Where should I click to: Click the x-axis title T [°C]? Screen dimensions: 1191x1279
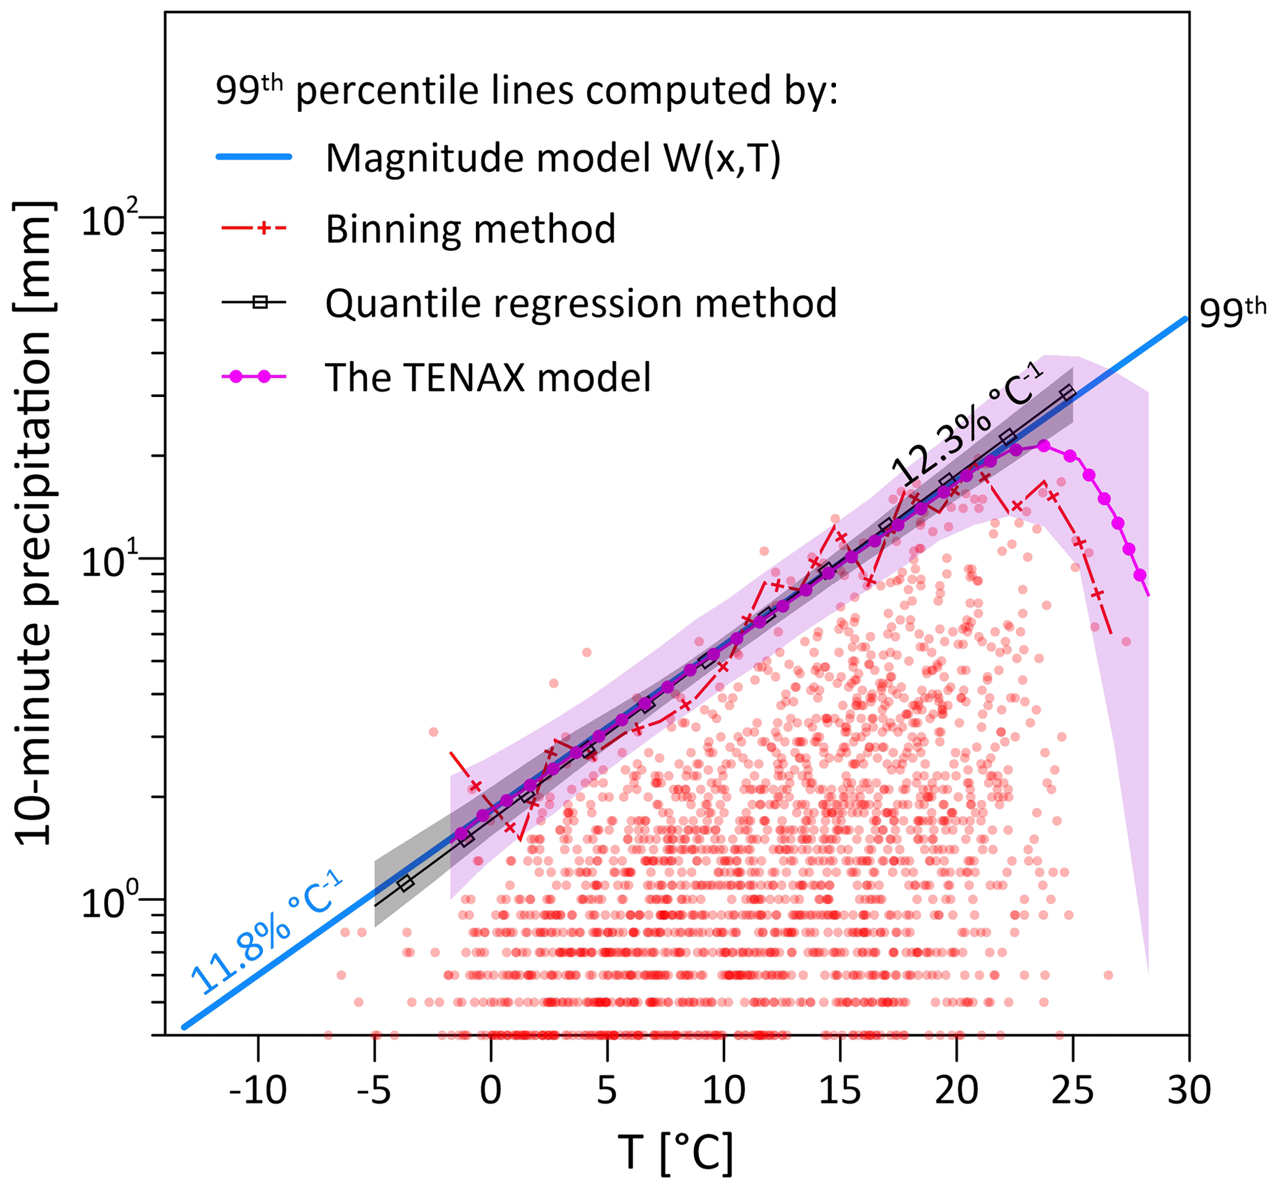(676, 1153)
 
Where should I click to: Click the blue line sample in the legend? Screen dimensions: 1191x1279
(254, 157)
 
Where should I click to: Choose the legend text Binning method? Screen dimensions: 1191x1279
(470, 229)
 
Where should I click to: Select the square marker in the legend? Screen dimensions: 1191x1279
(260, 302)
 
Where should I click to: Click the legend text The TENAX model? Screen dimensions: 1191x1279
(488, 377)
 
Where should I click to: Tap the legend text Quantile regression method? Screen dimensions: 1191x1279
(581, 303)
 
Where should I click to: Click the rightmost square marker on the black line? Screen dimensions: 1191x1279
(1068, 392)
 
